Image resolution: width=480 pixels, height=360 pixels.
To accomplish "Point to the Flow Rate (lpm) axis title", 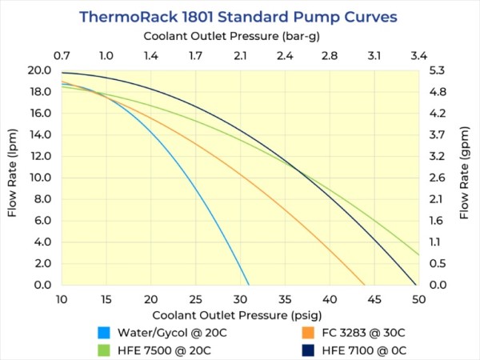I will [13, 177].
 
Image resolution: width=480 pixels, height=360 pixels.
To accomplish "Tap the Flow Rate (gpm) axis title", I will [464, 177].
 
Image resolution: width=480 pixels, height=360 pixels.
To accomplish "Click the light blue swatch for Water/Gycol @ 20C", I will [103, 332].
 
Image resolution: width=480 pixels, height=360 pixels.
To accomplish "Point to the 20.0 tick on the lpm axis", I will [40, 70].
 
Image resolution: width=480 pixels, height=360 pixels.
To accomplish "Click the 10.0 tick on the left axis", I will [40, 178].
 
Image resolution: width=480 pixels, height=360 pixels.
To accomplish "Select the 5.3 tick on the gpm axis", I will [436, 70].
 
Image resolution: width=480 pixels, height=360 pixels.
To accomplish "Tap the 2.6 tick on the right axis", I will [436, 178].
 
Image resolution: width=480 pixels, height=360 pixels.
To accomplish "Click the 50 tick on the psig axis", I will [418, 298].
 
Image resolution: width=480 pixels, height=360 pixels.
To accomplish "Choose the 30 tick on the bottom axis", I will [240, 298].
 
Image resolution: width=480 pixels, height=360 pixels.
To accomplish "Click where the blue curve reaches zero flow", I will [249, 285].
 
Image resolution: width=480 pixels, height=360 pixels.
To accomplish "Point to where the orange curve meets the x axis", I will [365, 285].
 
